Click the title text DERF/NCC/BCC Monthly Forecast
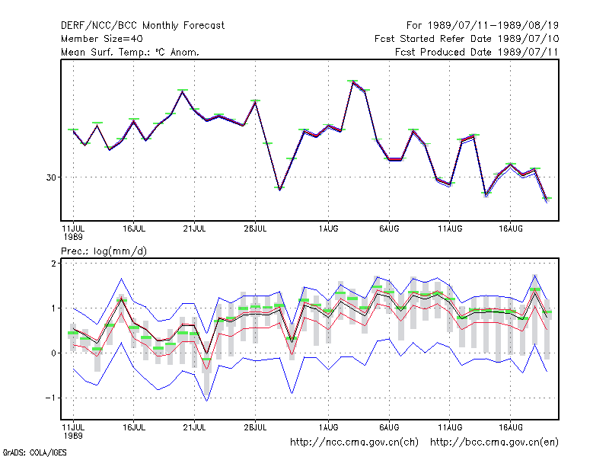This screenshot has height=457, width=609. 142,26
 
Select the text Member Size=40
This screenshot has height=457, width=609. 102,39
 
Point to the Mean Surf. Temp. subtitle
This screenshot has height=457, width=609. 129,52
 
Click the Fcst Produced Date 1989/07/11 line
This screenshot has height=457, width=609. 477,52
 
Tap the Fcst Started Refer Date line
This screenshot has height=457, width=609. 467,39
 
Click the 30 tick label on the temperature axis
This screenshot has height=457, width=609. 51,177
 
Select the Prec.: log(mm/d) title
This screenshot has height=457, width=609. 104,251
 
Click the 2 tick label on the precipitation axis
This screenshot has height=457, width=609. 53,264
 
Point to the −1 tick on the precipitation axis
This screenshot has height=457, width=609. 50,398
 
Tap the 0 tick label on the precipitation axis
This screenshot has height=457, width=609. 53,353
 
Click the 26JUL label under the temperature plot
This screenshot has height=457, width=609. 255,229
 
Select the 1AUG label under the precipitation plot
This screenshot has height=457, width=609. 328,427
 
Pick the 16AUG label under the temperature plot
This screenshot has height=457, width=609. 510,229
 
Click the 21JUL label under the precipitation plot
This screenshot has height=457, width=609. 194,427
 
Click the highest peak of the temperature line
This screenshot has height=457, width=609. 352,81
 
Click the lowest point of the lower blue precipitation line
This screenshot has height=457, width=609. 206,401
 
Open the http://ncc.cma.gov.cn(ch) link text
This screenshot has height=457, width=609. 354,443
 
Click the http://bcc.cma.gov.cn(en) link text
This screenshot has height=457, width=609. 494,443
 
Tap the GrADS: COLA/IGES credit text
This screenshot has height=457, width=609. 34,452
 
